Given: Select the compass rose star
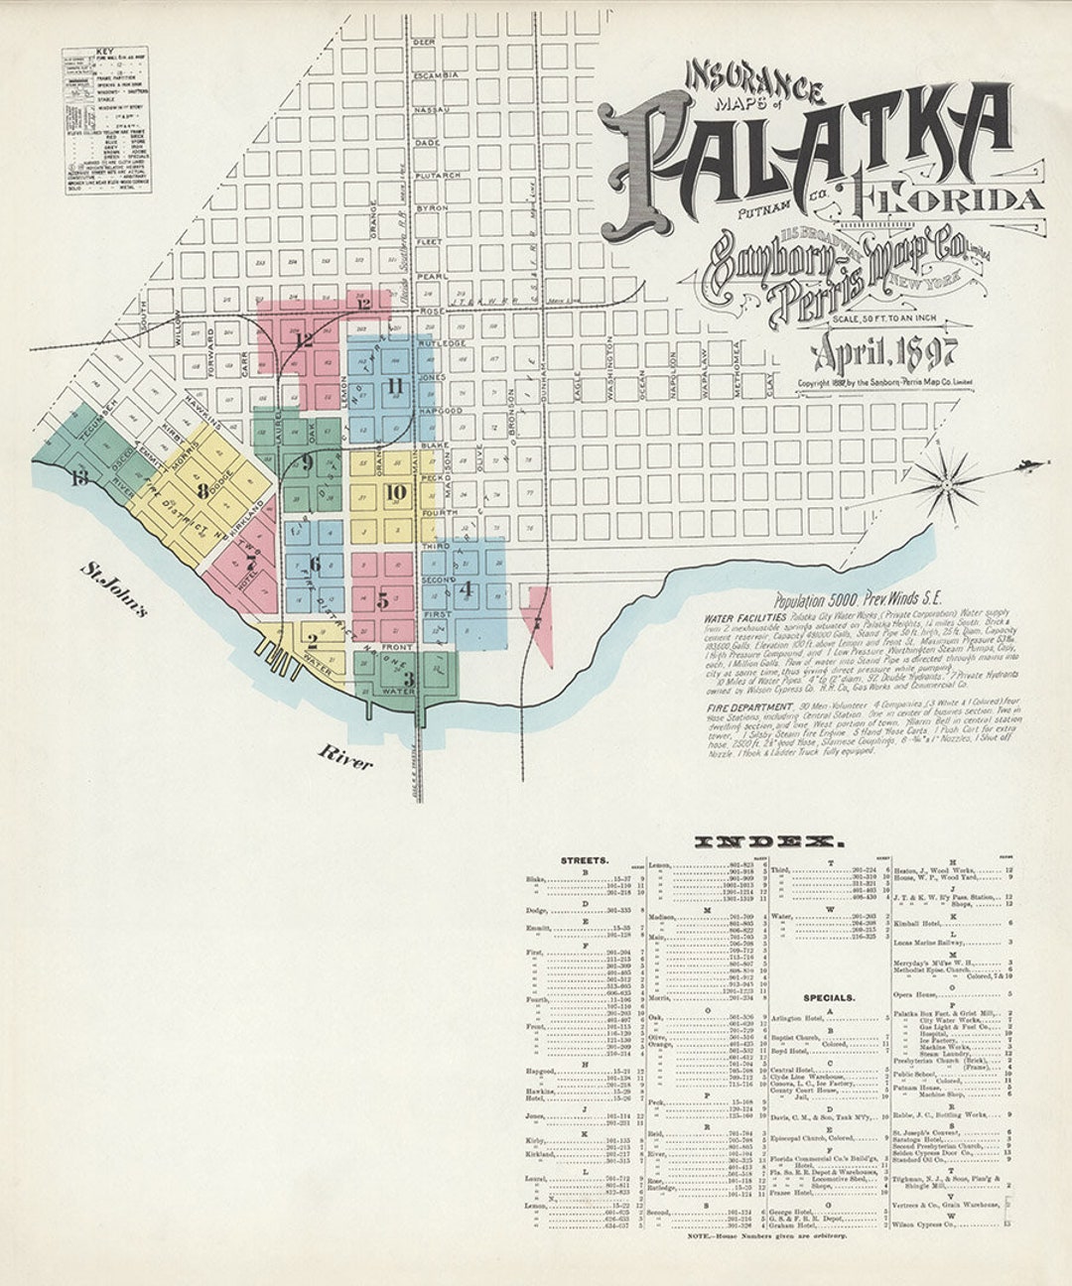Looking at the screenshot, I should [946, 483].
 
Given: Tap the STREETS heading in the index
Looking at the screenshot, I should [585, 860].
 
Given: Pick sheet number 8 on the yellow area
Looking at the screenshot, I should [202, 489].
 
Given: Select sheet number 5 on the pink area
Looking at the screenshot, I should [382, 600].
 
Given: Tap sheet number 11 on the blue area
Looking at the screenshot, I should [395, 385].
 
